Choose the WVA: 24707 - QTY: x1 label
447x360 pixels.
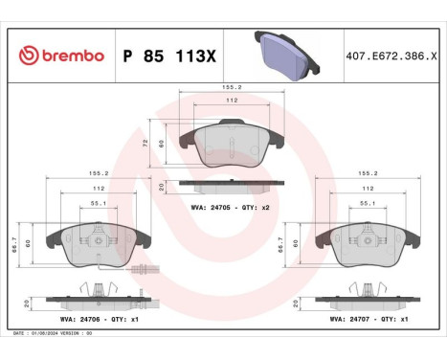[369, 318]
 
